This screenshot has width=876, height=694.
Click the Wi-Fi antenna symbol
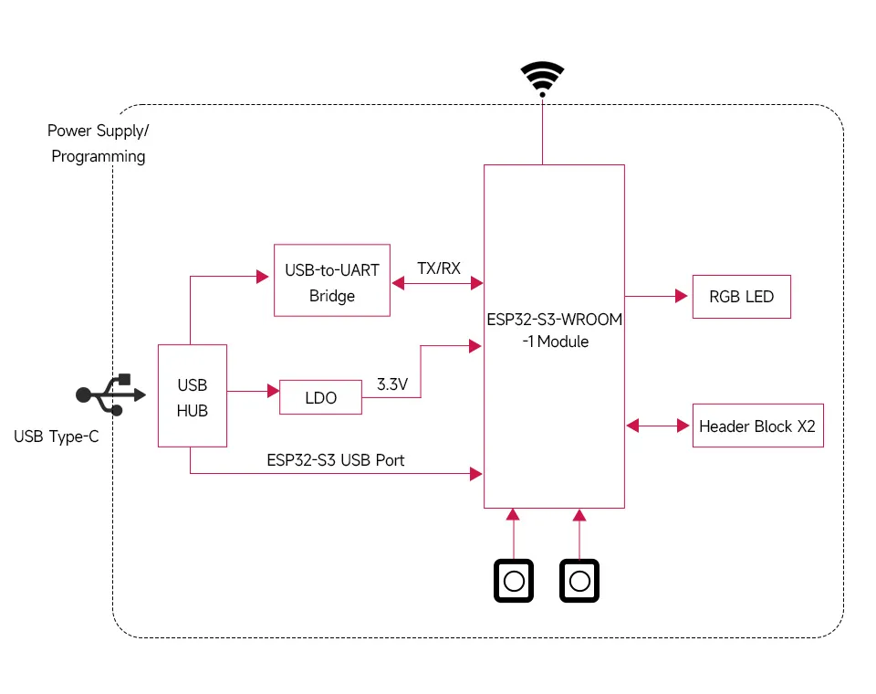pos(542,78)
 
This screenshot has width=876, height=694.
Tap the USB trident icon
pos(110,394)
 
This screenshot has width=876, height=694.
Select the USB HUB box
pos(192,395)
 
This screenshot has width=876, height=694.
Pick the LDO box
pos(320,397)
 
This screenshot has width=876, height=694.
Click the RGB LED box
pos(741,296)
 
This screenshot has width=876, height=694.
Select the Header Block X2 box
pos(757,426)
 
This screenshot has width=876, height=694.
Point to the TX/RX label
pos(438,268)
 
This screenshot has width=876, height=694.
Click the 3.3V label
pos(391,384)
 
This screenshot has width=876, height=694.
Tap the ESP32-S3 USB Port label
pos(335,460)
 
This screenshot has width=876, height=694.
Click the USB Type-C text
pos(57,436)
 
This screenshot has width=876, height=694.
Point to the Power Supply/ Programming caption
pos(98,143)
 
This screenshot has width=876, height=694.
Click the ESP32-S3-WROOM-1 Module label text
pos(554,331)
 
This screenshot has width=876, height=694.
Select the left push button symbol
pos(515,581)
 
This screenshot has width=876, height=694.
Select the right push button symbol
pos(579,581)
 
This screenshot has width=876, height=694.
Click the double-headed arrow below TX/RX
pos(437,284)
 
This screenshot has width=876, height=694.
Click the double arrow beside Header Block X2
pos(657,426)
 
